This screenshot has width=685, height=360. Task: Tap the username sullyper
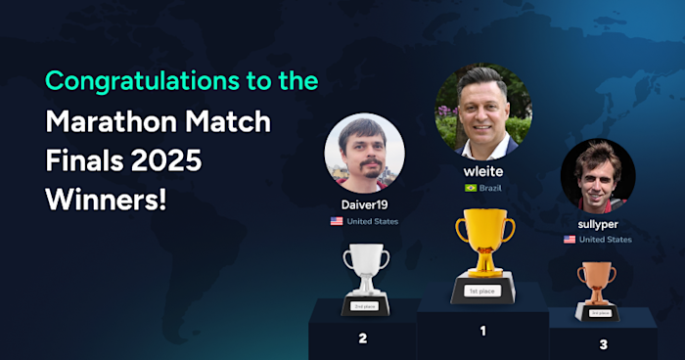(597, 224)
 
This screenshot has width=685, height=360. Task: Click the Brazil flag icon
(471, 188)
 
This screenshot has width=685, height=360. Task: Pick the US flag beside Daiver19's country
(337, 221)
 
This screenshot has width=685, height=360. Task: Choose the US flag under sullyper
(570, 240)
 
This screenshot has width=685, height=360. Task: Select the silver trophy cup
(365, 269)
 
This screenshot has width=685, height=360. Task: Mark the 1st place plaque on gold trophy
(484, 291)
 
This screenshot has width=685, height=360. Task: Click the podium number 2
(362, 338)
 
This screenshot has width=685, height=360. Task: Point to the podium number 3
(603, 343)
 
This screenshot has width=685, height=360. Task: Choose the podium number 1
(482, 331)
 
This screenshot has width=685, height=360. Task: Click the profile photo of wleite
(483, 112)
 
